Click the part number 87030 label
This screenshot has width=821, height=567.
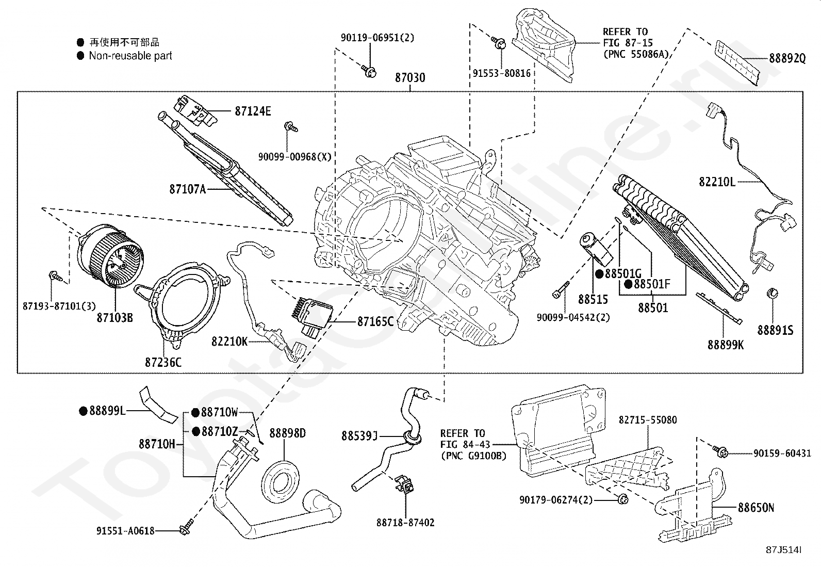pyautogui.click(x=410, y=78)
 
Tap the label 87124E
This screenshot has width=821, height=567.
pyautogui.click(x=253, y=111)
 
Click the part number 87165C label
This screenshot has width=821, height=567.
pyautogui.click(x=375, y=321)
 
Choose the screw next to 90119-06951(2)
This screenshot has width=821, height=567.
pyautogui.click(x=368, y=71)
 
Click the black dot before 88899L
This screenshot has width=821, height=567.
pyautogui.click(x=83, y=411)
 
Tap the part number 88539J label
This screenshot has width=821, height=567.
pyautogui.click(x=359, y=436)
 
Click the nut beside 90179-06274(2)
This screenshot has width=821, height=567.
pyautogui.click(x=621, y=499)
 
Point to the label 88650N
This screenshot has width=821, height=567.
pyautogui.click(x=756, y=508)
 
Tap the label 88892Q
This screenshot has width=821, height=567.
pyautogui.click(x=787, y=58)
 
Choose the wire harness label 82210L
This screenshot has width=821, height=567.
pyautogui.click(x=717, y=182)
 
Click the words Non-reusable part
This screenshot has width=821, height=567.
pyautogui.click(x=130, y=56)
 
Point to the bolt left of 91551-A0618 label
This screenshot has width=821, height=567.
pyautogui.click(x=184, y=529)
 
